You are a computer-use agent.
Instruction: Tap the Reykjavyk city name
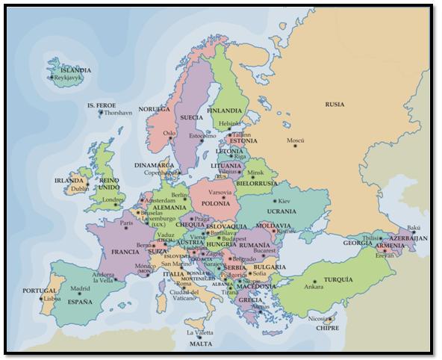[67, 78]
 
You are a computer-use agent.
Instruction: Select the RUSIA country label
[334, 105]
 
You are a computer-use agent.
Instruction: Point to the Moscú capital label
[296, 141]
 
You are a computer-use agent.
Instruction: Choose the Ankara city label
[313, 287]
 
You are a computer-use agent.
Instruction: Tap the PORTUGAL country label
[39, 291]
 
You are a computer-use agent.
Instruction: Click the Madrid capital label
[80, 288]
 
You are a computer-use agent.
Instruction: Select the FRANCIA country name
[125, 252]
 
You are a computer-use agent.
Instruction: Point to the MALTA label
[199, 344]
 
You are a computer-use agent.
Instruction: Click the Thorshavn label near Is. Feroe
[117, 113]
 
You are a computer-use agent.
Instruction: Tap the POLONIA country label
[216, 203]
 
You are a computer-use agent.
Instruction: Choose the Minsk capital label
[256, 172]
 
